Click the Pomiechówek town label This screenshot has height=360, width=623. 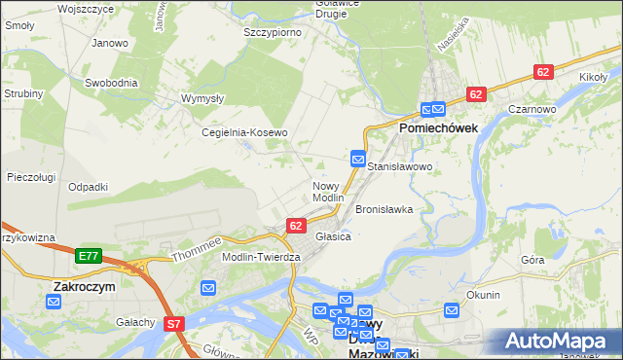click(436, 127)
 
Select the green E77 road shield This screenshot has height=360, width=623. click(88, 256)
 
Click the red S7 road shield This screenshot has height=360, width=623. click(174, 323)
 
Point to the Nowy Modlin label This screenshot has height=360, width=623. click(328, 191)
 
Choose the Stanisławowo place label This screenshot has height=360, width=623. click(400, 167)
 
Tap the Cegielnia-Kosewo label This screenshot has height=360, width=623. click(244, 132)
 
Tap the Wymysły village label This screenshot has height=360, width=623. click(203, 98)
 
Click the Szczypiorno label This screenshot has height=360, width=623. click(272, 32)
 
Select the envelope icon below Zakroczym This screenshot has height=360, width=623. click(54, 303)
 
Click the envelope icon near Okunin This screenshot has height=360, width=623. click(452, 310)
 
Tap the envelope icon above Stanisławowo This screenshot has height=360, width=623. click(358, 159)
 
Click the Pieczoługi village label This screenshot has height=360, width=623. click(31, 177)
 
